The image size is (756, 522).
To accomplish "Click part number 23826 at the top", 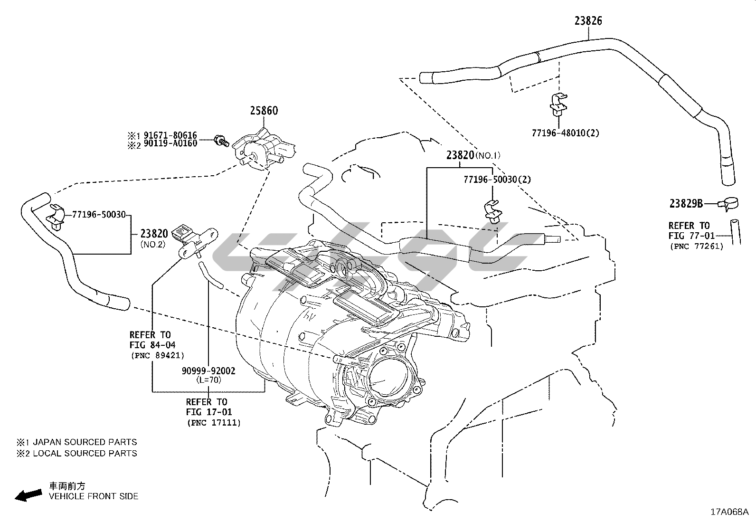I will click(x=588, y=20).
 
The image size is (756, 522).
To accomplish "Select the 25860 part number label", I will click(x=264, y=111).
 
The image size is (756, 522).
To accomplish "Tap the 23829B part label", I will click(x=686, y=203).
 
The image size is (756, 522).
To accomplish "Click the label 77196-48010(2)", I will click(x=565, y=133).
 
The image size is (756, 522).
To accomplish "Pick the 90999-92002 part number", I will click(x=208, y=371).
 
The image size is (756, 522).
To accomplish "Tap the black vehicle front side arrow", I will click(x=28, y=495).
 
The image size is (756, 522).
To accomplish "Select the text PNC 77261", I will click(x=696, y=246).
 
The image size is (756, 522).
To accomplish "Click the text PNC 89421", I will click(x=157, y=355).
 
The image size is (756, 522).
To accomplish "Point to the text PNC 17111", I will click(x=214, y=422).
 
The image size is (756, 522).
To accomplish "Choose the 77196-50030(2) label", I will click(x=497, y=180).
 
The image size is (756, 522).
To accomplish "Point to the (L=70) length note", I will click(x=208, y=380).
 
